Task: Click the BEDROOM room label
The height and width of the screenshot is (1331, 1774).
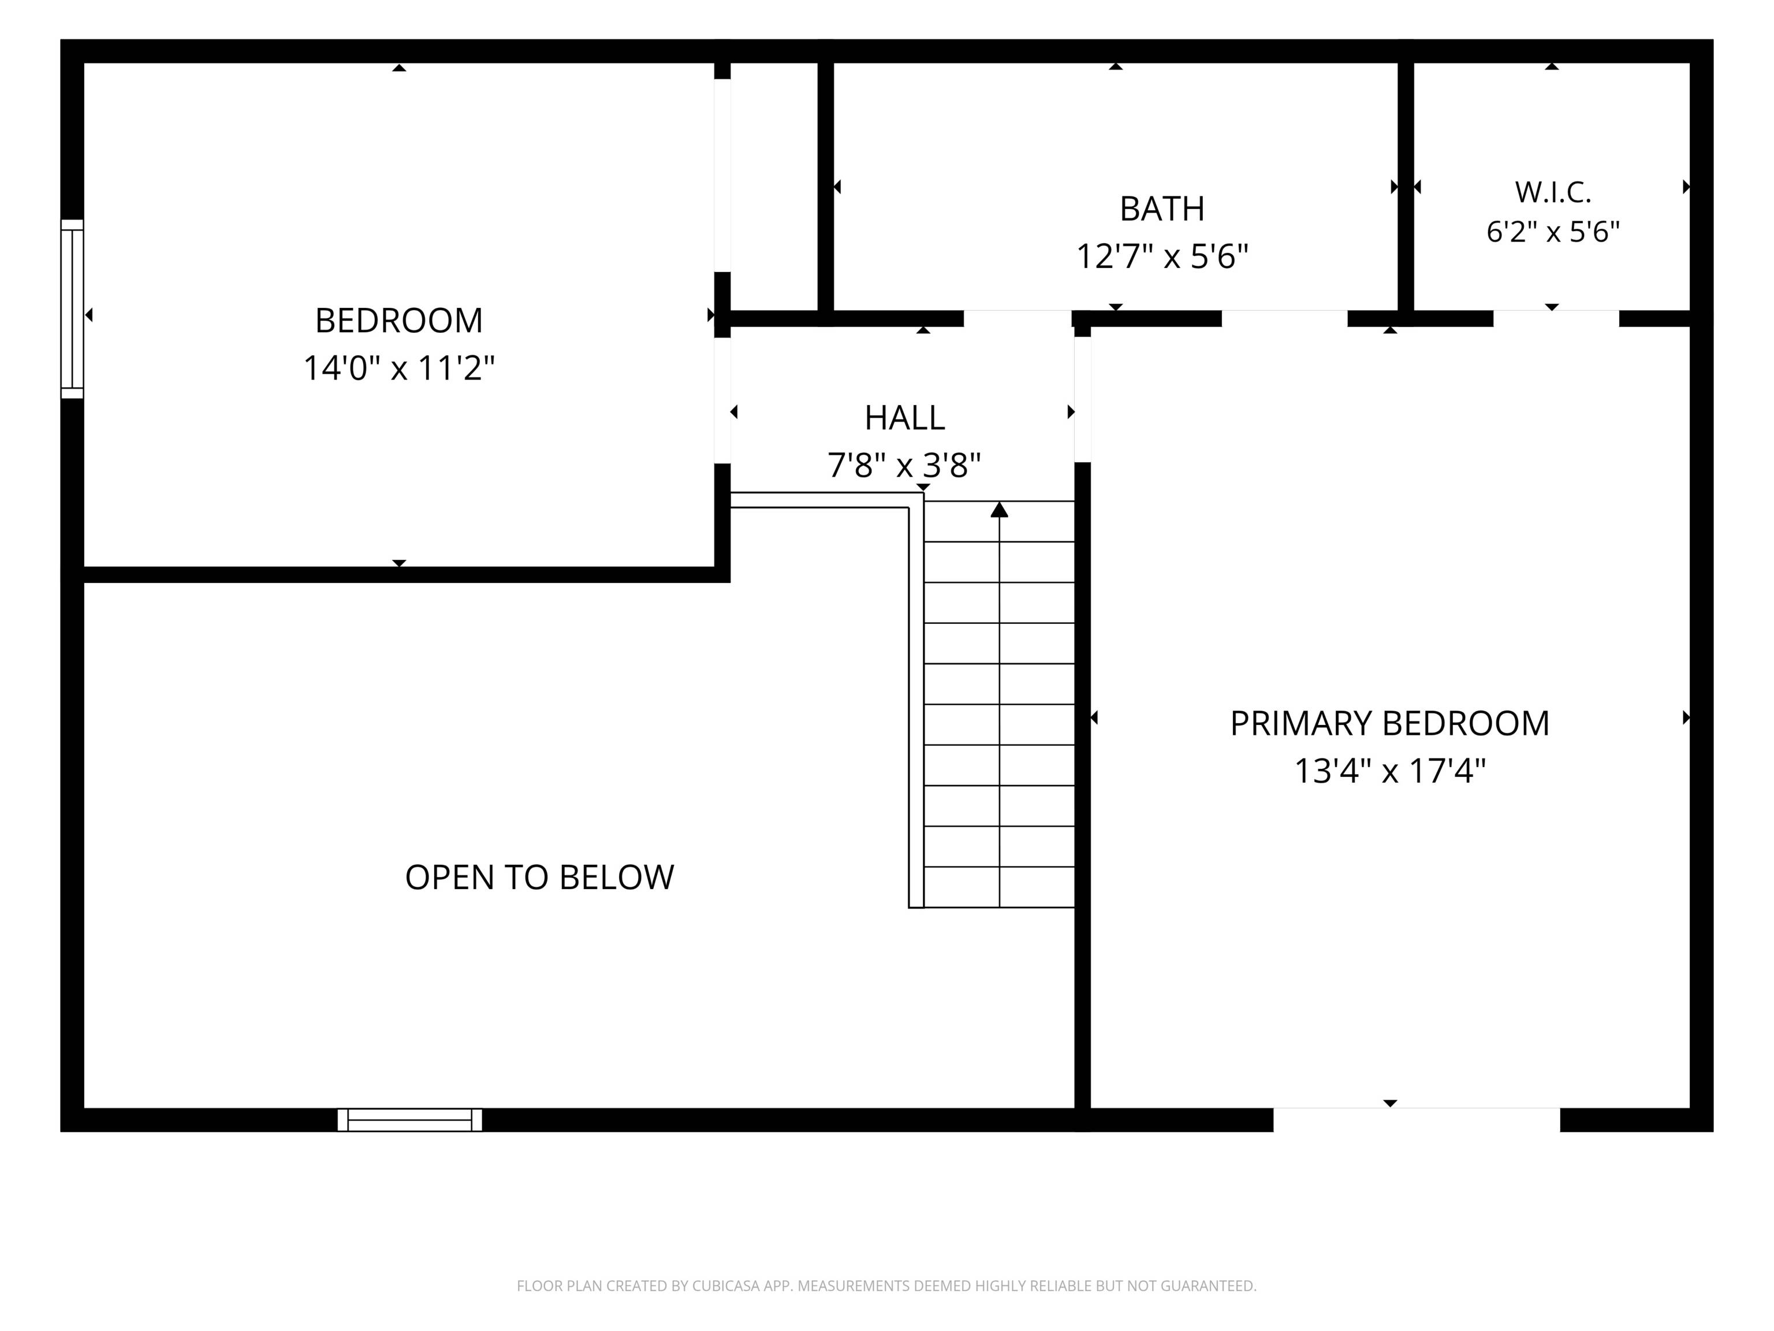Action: tap(398, 321)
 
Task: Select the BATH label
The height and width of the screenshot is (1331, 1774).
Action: tap(1162, 209)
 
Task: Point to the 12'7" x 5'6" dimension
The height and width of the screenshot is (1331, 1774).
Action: tap(1162, 256)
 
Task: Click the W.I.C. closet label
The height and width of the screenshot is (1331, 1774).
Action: tap(1553, 192)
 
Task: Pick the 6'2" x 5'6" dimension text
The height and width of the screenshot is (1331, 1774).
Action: tap(1553, 232)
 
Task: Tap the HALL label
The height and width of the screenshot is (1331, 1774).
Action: tap(905, 418)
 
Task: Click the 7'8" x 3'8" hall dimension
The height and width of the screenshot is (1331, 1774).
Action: tap(905, 465)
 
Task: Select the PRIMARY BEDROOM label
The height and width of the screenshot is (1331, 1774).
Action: tap(1390, 724)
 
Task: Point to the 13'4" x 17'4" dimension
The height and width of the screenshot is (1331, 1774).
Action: tap(1390, 772)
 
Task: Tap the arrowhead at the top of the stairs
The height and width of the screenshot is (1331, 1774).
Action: tap(999, 510)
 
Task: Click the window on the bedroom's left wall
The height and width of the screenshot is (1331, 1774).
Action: tap(72, 309)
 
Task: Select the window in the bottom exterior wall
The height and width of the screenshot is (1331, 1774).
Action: tap(410, 1120)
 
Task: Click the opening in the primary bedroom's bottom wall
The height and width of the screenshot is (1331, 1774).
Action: tap(1417, 1120)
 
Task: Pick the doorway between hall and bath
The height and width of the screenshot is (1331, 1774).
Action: tap(1018, 318)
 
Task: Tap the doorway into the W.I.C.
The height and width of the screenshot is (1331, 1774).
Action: tap(1556, 318)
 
